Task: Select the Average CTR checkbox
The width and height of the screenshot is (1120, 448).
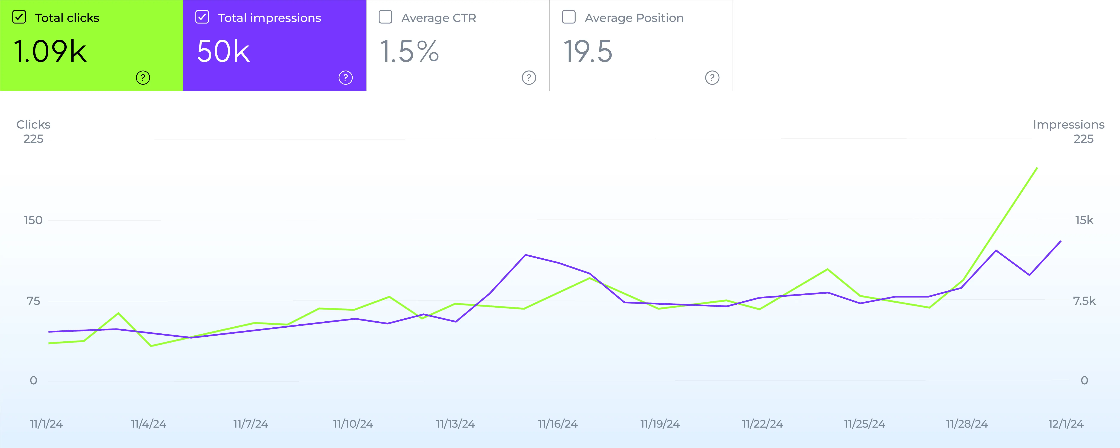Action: pyautogui.click(x=385, y=17)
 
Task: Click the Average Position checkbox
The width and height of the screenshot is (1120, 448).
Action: pyautogui.click(x=569, y=17)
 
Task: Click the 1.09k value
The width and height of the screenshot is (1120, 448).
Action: pyautogui.click(x=50, y=51)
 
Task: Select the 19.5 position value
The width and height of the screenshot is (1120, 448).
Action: pyautogui.click(x=588, y=51)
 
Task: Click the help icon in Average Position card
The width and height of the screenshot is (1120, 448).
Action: pyautogui.click(x=712, y=78)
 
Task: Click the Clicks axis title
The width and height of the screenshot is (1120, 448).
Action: pyautogui.click(x=34, y=125)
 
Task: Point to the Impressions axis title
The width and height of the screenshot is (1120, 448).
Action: pyautogui.click(x=1068, y=125)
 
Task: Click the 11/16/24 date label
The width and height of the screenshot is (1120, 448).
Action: pyautogui.click(x=557, y=424)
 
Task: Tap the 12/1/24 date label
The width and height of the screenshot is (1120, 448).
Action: pyautogui.click(x=1066, y=424)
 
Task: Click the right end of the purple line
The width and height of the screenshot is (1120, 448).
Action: pyautogui.click(x=1060, y=241)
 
